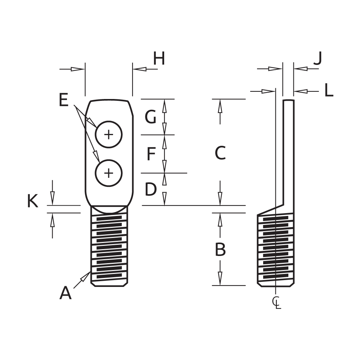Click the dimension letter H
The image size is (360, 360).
point(159,59)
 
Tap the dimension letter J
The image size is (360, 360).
point(317,59)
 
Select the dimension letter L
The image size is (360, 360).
point(328,90)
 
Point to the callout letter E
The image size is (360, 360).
point(63,100)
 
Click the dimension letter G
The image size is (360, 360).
point(150,117)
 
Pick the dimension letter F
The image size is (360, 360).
point(151,154)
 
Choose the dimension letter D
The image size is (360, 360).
point(151,189)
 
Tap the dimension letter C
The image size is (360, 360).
point(220,154)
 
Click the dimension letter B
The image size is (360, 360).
point(220,249)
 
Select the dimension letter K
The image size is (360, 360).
point(33,202)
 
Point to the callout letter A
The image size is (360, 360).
point(65,293)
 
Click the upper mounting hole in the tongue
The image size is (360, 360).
point(109,135)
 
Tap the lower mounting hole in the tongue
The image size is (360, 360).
point(109,174)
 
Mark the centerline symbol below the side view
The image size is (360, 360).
point(276,302)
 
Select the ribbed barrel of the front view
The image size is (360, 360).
point(110,248)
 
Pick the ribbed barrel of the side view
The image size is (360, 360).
point(276,248)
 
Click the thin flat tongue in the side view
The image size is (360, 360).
point(289,151)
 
